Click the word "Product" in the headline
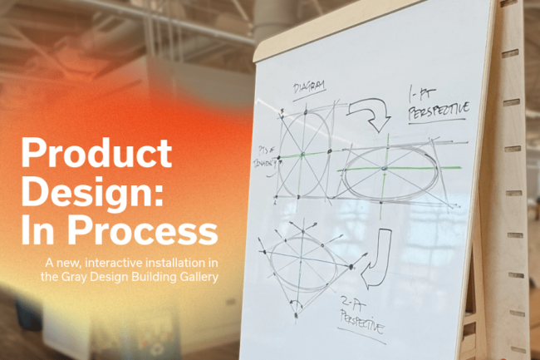click(96, 155)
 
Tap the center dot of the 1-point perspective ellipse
click(385, 169)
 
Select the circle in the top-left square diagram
click(306, 150)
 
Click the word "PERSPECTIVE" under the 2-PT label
click(363, 320)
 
